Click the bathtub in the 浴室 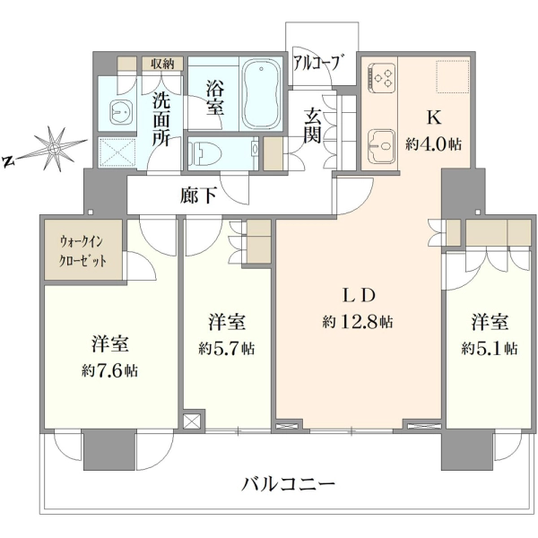(x=261, y=93)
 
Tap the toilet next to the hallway (x=204, y=153)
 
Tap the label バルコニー (x=288, y=484)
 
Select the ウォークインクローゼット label (x=82, y=252)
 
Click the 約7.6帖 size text (x=109, y=371)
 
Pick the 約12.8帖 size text (x=358, y=322)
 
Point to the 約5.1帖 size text (x=490, y=349)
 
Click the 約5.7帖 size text (x=226, y=349)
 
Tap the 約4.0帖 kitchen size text (x=433, y=144)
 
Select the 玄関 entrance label (x=313, y=126)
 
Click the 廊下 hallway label (x=198, y=195)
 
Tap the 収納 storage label (x=162, y=64)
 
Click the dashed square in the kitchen (x=453, y=76)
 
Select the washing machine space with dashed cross (x=117, y=152)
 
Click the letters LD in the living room (x=359, y=296)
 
